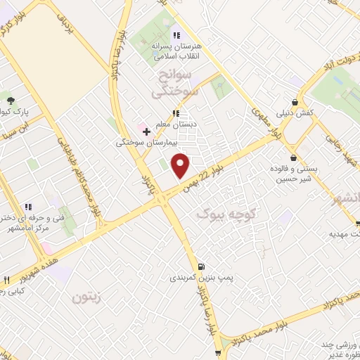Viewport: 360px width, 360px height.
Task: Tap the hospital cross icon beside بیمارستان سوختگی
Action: pos(146,131)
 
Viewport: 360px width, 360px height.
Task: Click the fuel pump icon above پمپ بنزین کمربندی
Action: pos(202,266)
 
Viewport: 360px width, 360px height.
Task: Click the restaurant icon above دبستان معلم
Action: pos(176,112)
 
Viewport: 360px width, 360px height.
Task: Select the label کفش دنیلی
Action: pos(309,113)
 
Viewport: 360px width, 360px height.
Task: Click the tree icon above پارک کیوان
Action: pos(10,98)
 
